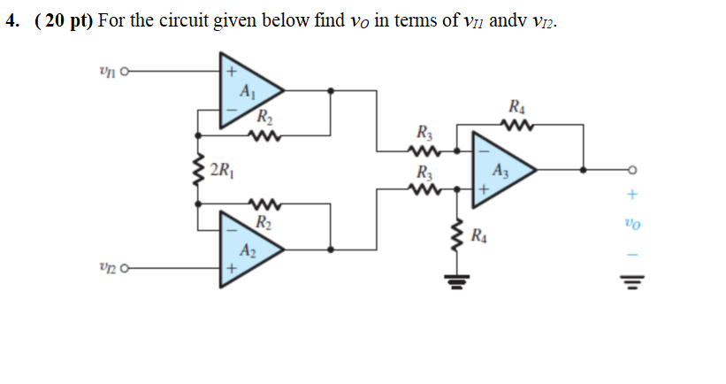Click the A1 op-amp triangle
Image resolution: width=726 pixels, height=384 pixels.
pos(245,90)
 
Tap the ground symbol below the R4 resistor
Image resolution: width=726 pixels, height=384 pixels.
pos(456,284)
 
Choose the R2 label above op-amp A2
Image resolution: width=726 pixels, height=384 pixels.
pos(264,220)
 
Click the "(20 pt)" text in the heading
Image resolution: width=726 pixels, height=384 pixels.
pos(64,21)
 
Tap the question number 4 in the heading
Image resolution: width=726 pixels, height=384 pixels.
pos(11,21)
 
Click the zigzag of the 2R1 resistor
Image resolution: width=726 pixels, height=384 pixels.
pos(198,168)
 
